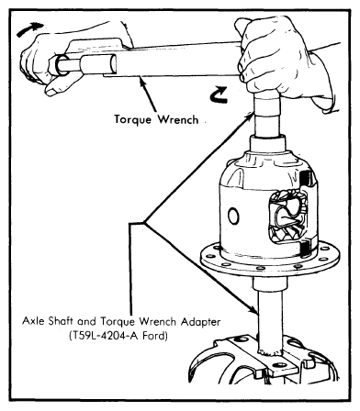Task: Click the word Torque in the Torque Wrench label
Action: (132, 119)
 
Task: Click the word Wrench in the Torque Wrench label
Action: (178, 119)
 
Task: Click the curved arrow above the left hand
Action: (29, 28)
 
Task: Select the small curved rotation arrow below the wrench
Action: (219, 94)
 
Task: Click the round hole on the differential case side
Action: (233, 217)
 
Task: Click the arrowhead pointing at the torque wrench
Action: (142, 82)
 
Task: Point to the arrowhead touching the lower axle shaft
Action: (253, 310)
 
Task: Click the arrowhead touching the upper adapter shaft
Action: (250, 117)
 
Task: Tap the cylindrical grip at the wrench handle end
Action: (84, 65)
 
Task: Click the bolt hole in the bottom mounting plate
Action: (278, 365)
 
